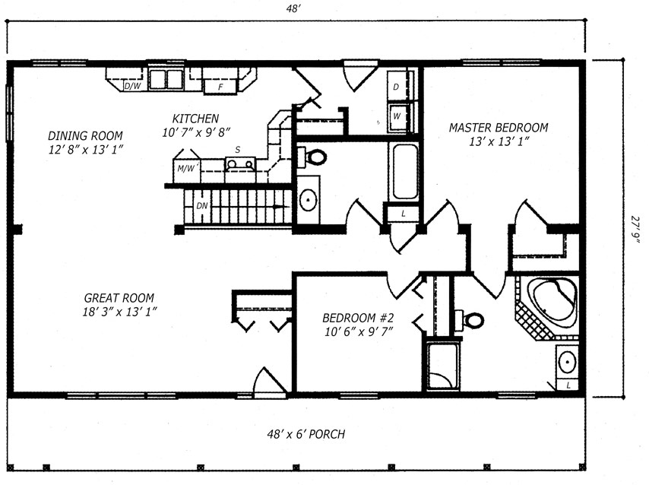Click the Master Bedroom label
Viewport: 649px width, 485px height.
pyautogui.click(x=499, y=128)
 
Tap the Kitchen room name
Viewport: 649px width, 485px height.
pyautogui.click(x=195, y=119)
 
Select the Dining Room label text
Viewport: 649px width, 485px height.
pyautogui.click(x=85, y=136)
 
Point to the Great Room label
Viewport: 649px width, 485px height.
pyautogui.click(x=119, y=298)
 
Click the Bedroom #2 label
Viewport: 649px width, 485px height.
pyautogui.click(x=358, y=318)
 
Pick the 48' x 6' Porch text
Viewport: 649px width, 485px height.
pyautogui.click(x=306, y=434)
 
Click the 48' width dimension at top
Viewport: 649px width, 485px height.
pyautogui.click(x=293, y=8)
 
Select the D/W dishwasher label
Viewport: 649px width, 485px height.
pyautogui.click(x=132, y=86)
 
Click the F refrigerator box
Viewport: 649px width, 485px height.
pyautogui.click(x=220, y=87)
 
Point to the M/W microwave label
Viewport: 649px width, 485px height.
pyautogui.click(x=187, y=168)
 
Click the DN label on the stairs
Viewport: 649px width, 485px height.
pyautogui.click(x=201, y=205)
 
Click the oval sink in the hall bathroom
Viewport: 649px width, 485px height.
pyautogui.click(x=309, y=200)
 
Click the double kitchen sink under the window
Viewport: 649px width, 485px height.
pyautogui.click(x=166, y=79)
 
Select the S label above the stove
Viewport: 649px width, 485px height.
pyautogui.click(x=238, y=150)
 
